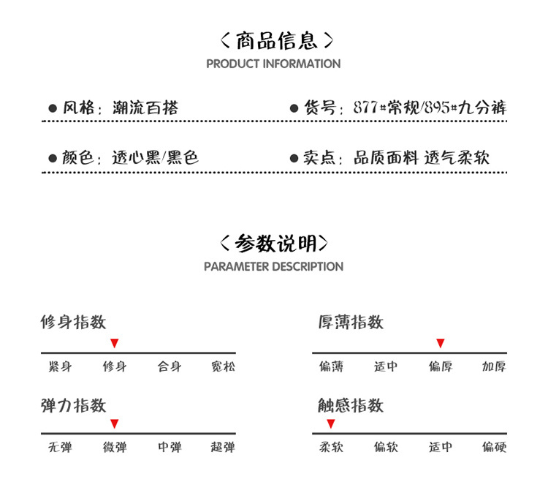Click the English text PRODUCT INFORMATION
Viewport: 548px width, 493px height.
tap(273, 64)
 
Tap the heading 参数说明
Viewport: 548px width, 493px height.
tap(273, 243)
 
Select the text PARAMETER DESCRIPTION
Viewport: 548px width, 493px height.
tap(273, 267)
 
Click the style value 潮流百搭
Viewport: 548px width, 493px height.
tap(145, 108)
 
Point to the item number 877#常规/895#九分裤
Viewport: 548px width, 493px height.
tap(430, 108)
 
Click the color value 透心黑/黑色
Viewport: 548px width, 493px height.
tap(155, 158)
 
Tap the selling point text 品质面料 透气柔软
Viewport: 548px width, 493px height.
tap(422, 158)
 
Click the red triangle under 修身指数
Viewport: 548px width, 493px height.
tap(115, 343)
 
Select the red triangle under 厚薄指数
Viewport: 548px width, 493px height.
tap(440, 343)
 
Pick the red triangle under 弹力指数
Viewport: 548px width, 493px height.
tap(115, 424)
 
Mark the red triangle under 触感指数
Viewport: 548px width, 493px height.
tap(330, 424)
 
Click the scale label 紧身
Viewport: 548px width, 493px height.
tap(61, 366)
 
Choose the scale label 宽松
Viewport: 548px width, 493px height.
tap(224, 366)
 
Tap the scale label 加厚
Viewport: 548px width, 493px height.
tap(494, 366)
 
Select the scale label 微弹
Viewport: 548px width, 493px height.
tap(115, 447)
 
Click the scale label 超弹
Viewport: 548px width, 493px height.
tap(224, 447)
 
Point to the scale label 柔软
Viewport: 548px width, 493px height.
tap(331, 447)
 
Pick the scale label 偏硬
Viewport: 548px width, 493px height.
tap(494, 447)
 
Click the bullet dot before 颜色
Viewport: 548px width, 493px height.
tap(53, 158)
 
